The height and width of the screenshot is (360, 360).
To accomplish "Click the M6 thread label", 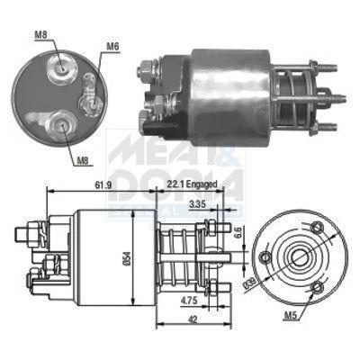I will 112,45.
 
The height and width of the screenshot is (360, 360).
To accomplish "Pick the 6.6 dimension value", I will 238,232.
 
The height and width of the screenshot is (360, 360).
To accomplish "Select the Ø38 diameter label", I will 249,284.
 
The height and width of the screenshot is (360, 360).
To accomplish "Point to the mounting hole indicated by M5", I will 317,287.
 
